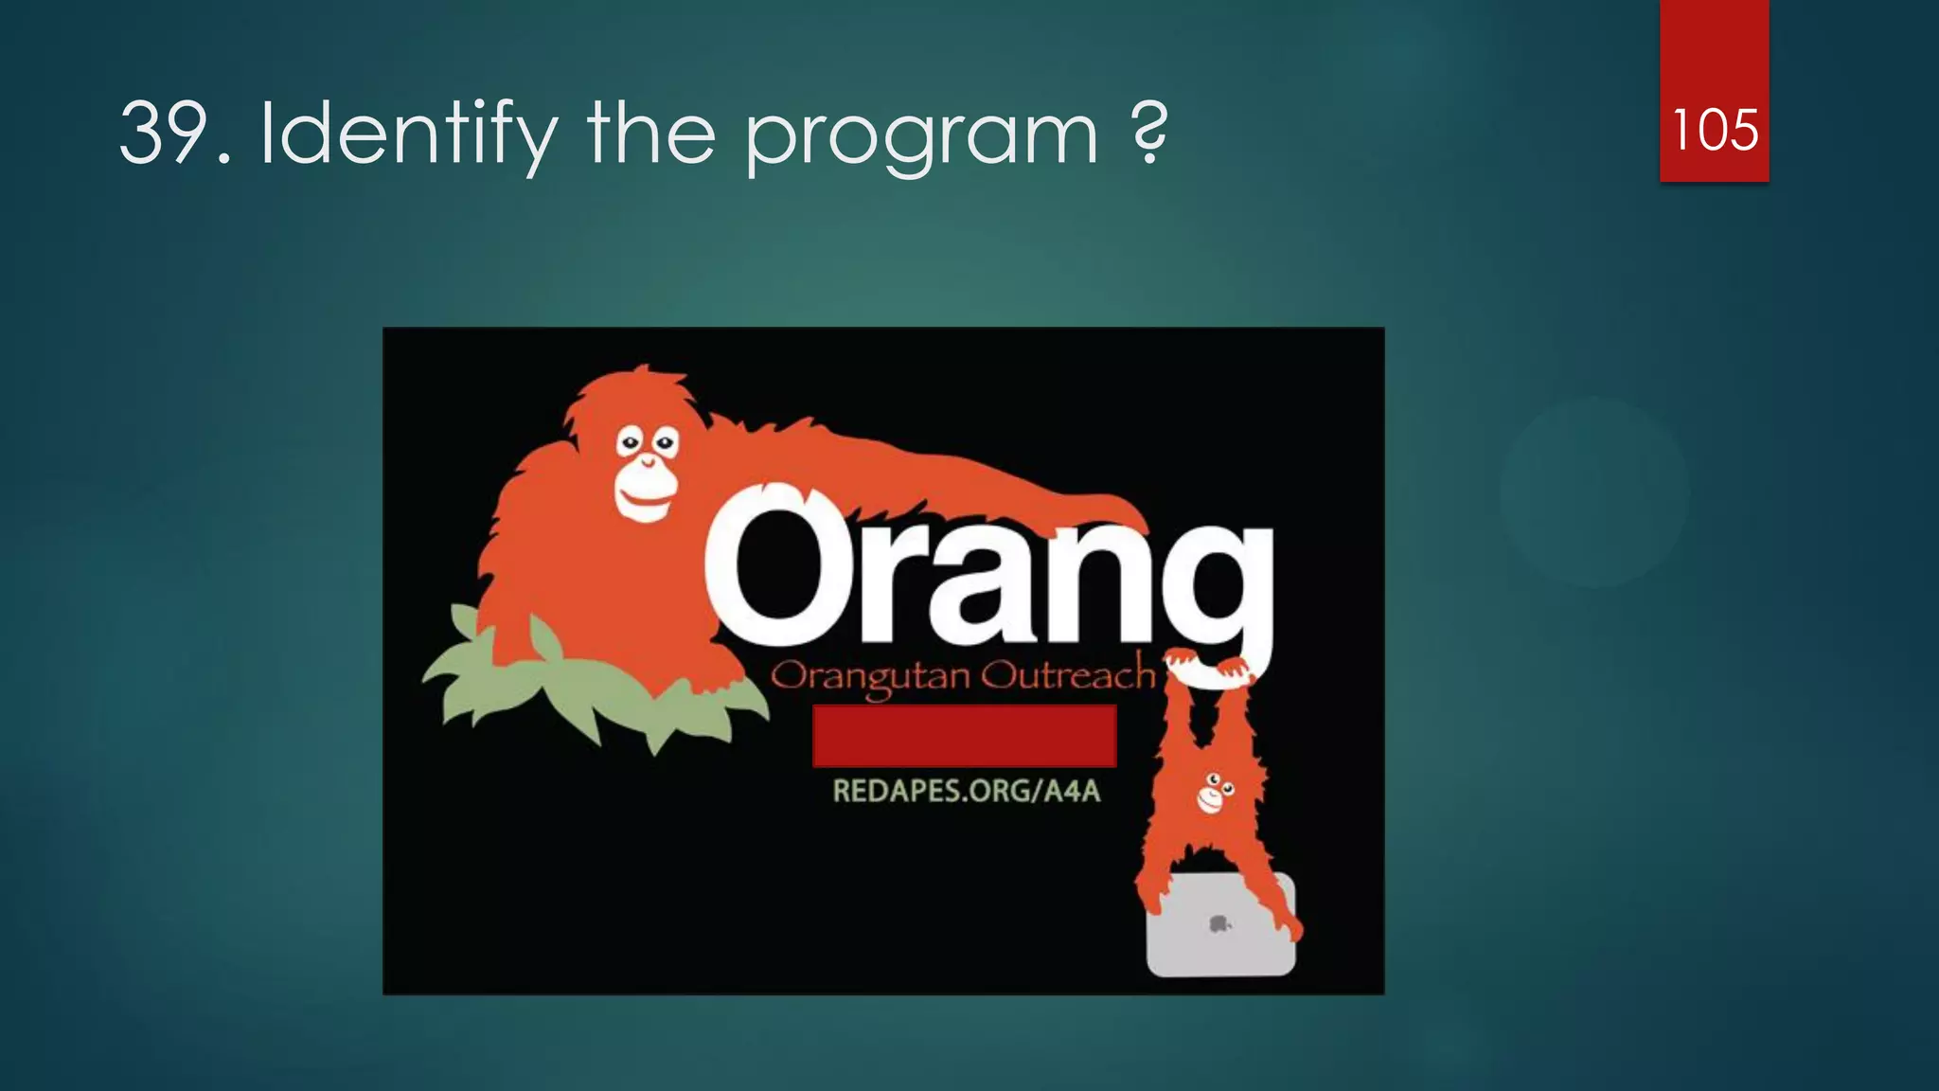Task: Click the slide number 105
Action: (x=1715, y=130)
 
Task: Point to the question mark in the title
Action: (x=1149, y=132)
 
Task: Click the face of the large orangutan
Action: (x=647, y=473)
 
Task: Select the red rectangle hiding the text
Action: (x=964, y=736)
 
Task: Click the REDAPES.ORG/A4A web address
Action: (x=967, y=791)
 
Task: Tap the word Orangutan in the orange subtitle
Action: (x=870, y=678)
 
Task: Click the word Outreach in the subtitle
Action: (x=1067, y=676)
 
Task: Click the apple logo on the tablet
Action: (x=1219, y=923)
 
